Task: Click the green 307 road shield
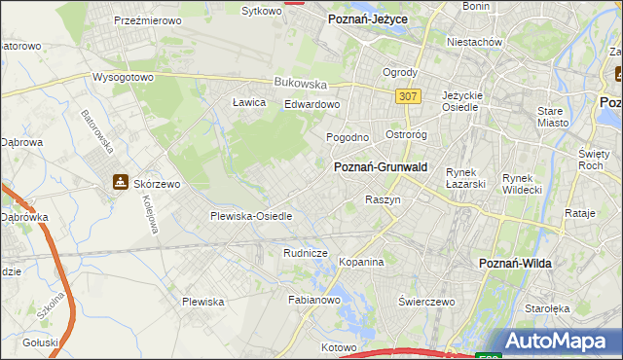point(408,95)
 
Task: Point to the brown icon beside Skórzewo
point(120,181)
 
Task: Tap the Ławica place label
point(249,102)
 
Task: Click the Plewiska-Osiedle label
point(251,216)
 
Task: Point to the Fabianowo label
point(312,301)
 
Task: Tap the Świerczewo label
point(426,302)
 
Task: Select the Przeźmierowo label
point(147,19)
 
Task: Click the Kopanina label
point(361,263)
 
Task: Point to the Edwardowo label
point(311,104)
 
